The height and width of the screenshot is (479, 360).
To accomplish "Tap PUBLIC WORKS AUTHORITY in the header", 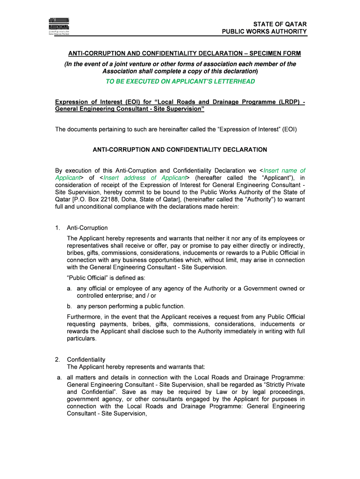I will tap(264, 32).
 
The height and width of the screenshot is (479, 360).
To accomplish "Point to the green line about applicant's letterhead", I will tap(180, 81).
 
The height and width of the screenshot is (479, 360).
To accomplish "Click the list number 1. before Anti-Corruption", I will tap(58, 228).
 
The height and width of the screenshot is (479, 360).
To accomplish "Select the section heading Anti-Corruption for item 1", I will tap(87, 228).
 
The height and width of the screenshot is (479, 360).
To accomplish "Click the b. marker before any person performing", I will tap(69, 306).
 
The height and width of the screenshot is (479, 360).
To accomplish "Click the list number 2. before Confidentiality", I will tap(58, 360).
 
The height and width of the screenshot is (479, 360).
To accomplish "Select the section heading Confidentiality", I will tap(86, 360).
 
